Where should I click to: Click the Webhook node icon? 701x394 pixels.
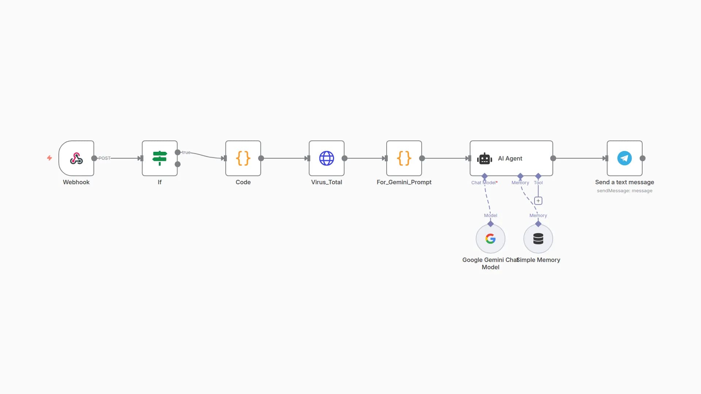[x=76, y=158]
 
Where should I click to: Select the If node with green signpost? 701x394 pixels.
[x=160, y=158]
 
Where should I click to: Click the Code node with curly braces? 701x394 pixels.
[x=243, y=158]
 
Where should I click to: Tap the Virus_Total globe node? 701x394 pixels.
[x=326, y=158]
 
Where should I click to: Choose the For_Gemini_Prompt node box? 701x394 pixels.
[x=404, y=158]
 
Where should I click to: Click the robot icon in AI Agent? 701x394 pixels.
[x=484, y=159]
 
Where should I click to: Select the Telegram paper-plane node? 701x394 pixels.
[x=624, y=158]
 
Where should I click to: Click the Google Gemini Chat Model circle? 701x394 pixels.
[x=490, y=239]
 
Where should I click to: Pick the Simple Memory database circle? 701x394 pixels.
[x=538, y=239]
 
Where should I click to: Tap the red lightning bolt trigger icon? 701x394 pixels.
[x=49, y=158]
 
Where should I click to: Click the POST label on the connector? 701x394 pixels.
[x=104, y=158]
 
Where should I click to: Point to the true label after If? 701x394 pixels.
[x=186, y=152]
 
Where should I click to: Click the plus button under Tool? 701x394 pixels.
[x=538, y=201]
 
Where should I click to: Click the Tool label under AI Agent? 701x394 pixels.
[x=538, y=183]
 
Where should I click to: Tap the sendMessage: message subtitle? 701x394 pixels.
[x=624, y=191]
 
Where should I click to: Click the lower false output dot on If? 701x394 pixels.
[x=178, y=164]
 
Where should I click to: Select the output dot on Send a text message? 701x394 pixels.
[x=643, y=158]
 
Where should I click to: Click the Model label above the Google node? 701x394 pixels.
[x=490, y=216]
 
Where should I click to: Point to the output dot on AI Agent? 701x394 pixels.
[x=553, y=158]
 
